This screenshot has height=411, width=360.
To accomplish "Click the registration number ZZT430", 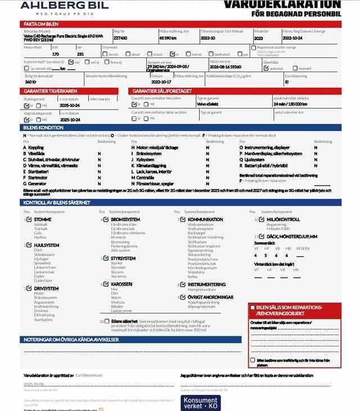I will pos(120,38).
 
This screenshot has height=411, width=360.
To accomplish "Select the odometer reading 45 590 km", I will pos(168,38).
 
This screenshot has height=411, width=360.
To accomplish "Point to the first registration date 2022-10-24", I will pos(293,38).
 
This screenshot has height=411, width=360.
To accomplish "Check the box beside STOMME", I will pos(29,220).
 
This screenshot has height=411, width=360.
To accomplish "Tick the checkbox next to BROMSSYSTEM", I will pos(105,220).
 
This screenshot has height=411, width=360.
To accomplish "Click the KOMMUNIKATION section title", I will pos(205,220).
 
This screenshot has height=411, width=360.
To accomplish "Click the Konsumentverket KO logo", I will pos(201,403).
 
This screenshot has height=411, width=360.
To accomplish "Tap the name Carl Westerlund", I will pos(88,375).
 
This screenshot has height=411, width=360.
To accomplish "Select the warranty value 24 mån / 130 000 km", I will pos(290,104).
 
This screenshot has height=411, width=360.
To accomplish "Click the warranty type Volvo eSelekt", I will pos(209,104).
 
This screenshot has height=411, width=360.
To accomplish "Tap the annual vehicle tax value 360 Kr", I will pos(31,82).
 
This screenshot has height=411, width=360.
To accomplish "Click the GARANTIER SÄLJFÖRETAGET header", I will pos(162,91).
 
